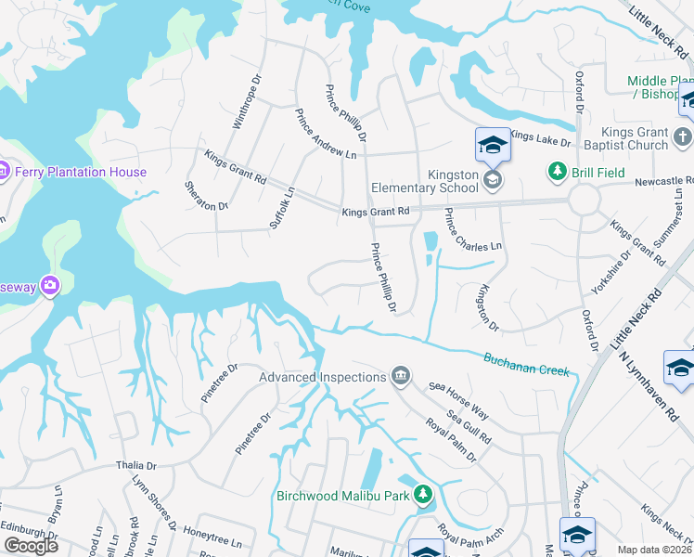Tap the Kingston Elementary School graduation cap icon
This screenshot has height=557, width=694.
494,179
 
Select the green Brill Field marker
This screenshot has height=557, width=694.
557,171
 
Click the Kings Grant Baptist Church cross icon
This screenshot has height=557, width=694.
682,137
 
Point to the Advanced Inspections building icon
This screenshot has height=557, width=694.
401,375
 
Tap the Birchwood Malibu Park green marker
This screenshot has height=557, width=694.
423,493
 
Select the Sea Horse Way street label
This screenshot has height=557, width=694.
457,399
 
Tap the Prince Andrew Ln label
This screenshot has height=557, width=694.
326,135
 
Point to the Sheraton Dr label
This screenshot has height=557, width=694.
206,195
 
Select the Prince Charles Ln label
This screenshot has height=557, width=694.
473,230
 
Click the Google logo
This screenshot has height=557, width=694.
32,546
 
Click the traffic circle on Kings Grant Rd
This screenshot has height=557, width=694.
585,199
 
